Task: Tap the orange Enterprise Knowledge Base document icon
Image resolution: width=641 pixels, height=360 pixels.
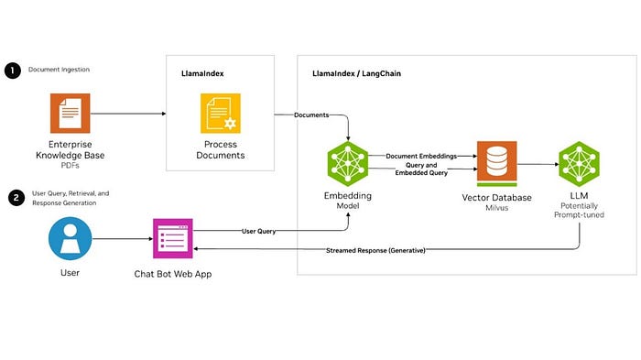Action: coord(71,115)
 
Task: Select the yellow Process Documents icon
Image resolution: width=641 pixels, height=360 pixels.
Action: coord(220,115)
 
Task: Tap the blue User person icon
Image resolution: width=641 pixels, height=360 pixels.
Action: coord(71,240)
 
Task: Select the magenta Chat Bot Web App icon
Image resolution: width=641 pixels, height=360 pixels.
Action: coord(172,240)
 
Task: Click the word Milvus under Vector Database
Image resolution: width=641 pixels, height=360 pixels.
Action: coord(497,209)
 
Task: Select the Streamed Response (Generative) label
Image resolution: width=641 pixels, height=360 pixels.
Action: coord(375,250)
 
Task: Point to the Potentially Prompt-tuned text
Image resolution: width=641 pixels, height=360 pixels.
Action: coord(579,213)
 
